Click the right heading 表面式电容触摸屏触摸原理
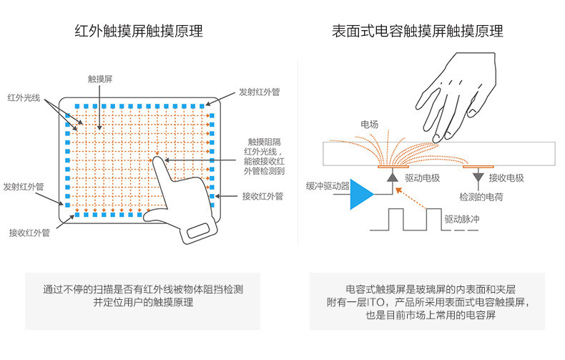coord(417,31)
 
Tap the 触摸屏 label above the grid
coord(99,79)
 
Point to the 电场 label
coord(369,125)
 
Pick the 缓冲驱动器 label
coord(327,185)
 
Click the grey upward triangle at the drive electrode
coord(391,175)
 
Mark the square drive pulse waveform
coord(404,219)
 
